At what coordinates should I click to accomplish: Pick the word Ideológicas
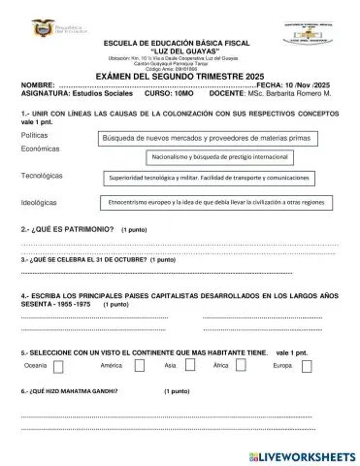(x=39, y=203)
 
